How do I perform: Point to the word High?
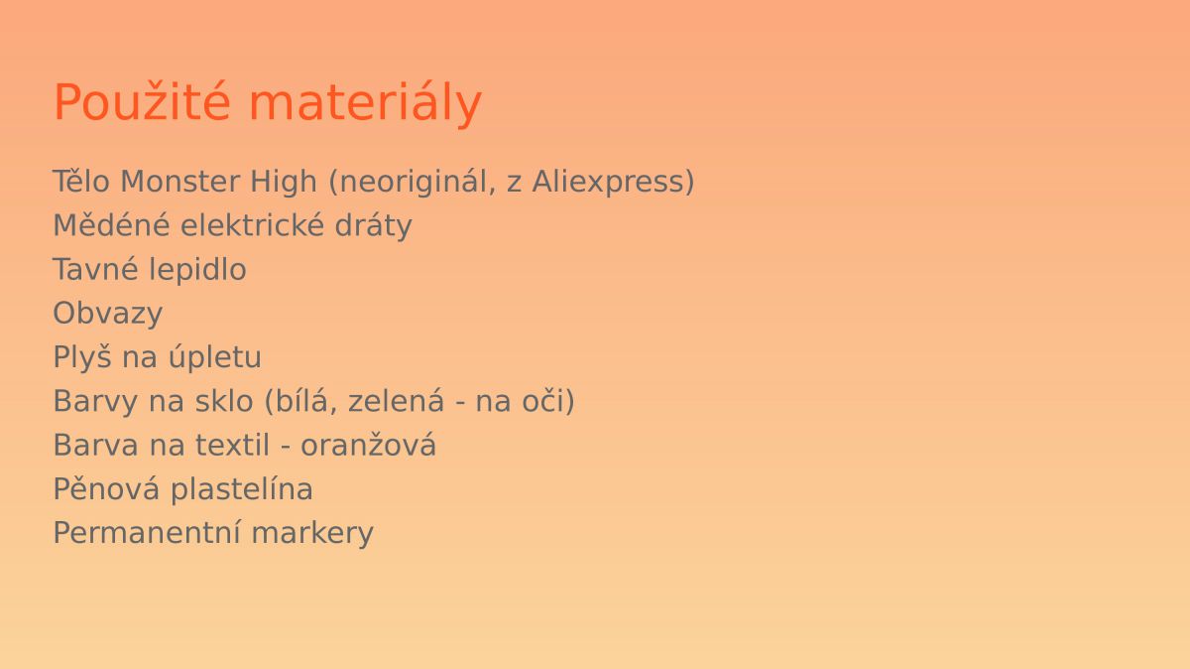tap(284, 183)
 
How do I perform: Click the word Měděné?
tap(111, 225)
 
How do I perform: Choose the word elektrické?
tap(252, 225)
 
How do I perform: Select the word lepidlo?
tap(197, 270)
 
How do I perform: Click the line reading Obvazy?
tap(108, 315)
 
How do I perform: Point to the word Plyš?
tap(83, 357)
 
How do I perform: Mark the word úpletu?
tap(215, 358)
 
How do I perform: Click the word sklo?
tap(224, 401)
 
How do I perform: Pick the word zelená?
tap(396, 401)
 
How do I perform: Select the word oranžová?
tap(369, 445)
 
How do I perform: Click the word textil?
tap(233, 445)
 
